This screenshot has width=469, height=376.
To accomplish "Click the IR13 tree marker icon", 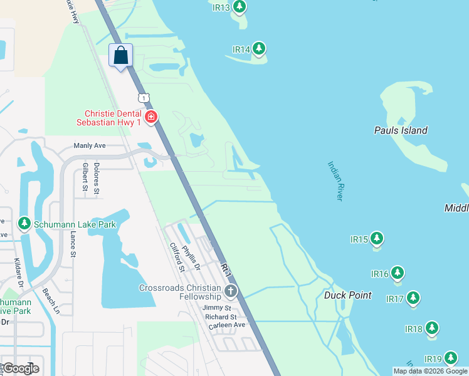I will pos(239,8).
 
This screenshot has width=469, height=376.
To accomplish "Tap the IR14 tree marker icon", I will pos(258,49).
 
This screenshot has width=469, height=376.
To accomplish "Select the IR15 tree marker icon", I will pos(376,239).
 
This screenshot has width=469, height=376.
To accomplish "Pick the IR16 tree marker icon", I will pos(398,273).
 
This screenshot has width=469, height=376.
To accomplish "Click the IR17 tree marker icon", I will pos(413,298).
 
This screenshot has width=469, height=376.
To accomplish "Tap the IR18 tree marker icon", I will pos(431,328).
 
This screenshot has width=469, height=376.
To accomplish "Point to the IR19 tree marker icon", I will pos(451,358).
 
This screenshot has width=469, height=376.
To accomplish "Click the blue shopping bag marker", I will pos(120,55).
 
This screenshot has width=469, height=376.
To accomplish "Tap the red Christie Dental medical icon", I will pos(150,117).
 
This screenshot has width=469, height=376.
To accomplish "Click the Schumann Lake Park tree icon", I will pos(24,223).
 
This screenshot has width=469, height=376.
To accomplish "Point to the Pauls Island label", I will pos(401,130).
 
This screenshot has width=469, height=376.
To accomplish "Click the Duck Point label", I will pos(348,295).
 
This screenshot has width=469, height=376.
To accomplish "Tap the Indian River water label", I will pos(335,181).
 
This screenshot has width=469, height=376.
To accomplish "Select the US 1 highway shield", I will pos(144,97).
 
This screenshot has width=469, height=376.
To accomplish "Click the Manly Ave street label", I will pos(90,145).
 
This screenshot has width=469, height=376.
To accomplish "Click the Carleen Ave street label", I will pos(231,325).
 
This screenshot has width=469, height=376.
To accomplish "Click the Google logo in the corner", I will pos(21,368).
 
